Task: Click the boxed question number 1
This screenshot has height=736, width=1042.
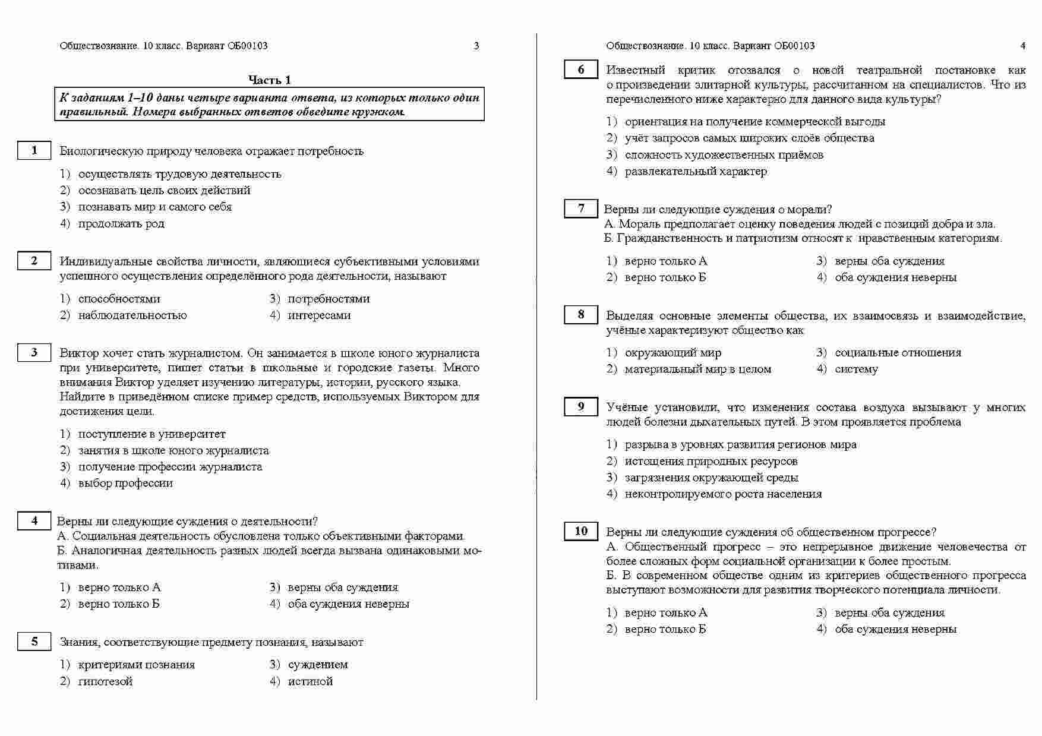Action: tap(34, 150)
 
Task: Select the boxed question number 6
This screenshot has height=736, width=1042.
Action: tap(580, 70)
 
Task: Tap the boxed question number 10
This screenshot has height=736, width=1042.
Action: tap(580, 531)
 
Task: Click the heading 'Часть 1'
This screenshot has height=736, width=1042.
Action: tap(269, 80)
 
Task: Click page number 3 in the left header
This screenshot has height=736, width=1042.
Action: tap(476, 46)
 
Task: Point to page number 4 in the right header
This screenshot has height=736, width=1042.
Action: tap(1022, 46)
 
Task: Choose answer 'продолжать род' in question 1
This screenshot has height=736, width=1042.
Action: tap(121, 223)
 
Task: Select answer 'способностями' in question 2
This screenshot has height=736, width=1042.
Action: tap(119, 299)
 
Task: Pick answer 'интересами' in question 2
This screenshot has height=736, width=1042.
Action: tap(319, 315)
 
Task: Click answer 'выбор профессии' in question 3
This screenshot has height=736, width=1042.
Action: tap(125, 483)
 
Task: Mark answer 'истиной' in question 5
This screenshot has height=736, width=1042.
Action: tap(310, 681)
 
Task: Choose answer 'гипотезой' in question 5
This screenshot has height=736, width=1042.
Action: tap(105, 681)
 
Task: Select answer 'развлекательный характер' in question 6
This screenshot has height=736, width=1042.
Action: tap(696, 172)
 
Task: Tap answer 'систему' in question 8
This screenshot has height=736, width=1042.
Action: tap(856, 369)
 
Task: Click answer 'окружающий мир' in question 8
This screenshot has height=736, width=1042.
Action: tap(672, 352)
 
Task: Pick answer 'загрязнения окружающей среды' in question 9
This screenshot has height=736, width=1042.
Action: tap(711, 478)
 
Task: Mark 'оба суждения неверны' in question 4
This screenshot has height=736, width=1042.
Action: tap(348, 604)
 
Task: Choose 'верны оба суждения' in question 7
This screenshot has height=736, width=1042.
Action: tap(889, 261)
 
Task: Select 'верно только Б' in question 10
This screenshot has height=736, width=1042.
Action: tap(665, 629)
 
